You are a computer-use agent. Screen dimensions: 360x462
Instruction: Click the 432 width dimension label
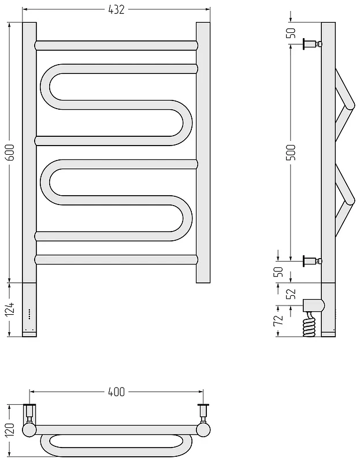click(117, 10)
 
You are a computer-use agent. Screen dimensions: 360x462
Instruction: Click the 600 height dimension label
click(10, 152)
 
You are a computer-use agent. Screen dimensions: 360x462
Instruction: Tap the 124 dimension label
click(10, 309)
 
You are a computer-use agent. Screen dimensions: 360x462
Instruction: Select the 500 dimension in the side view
click(291, 152)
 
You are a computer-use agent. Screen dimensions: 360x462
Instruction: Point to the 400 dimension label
click(117, 392)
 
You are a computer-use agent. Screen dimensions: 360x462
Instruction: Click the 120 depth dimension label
click(10, 431)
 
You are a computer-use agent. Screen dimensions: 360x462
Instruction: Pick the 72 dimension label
click(279, 321)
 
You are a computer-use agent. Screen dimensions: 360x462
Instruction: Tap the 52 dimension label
click(291, 293)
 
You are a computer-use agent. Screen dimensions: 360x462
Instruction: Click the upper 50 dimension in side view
click(291, 33)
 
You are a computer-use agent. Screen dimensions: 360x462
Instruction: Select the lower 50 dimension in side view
click(279, 271)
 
